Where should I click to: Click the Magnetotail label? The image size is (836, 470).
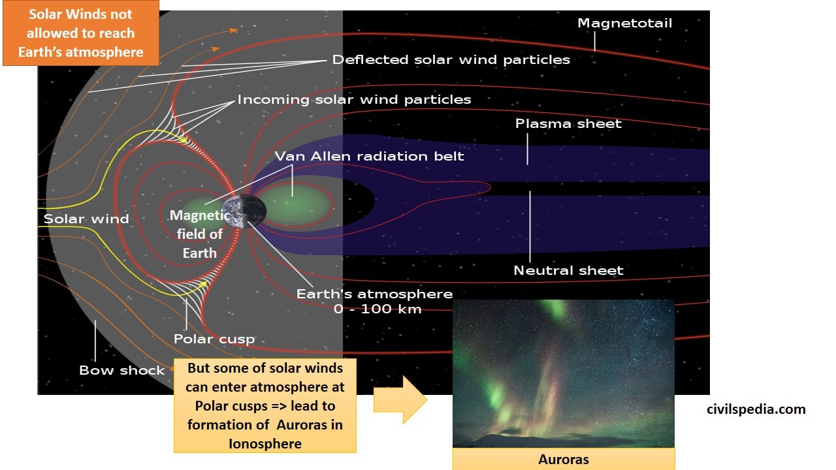[x=624, y=23]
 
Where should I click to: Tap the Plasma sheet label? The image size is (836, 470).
[x=568, y=123]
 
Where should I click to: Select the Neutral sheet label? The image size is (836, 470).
[x=568, y=270]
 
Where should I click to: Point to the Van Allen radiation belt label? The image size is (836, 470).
[x=369, y=156]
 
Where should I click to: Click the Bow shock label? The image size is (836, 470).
[x=122, y=370]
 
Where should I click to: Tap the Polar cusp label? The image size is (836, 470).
[x=214, y=339]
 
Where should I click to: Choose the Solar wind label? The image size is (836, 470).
[x=86, y=219]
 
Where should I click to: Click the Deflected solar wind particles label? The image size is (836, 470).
[x=451, y=59]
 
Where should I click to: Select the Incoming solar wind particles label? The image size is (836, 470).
[x=354, y=100]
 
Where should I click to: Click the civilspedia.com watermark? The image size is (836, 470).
[x=756, y=409]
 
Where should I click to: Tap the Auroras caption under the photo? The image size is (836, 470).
[x=563, y=459]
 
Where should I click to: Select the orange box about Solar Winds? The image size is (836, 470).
[x=80, y=33]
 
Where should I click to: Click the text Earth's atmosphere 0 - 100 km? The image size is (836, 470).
[x=374, y=301]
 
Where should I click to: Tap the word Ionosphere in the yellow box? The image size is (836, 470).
[x=265, y=443]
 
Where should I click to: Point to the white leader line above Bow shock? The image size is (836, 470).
[x=95, y=339]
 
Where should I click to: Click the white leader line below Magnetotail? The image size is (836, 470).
[x=594, y=42]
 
